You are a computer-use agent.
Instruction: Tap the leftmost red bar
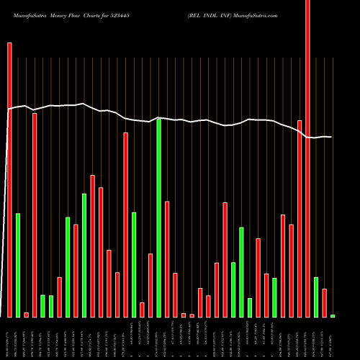pyautogui.click(x=9, y=180)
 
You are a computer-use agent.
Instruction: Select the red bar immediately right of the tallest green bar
pyautogui.click(x=167, y=259)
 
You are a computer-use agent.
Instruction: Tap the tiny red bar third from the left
pyautogui.click(x=26, y=315)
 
